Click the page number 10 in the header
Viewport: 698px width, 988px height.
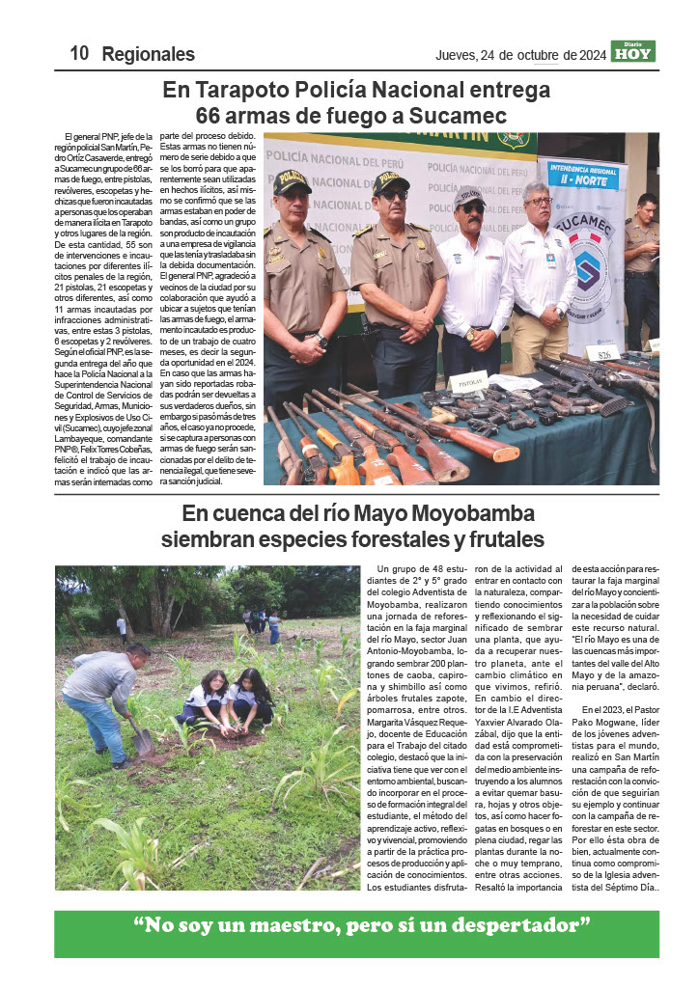tap(79, 54)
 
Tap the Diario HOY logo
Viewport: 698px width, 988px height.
tap(633, 52)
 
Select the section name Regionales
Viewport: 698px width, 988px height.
tap(149, 54)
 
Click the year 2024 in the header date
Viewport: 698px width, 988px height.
tap(586, 54)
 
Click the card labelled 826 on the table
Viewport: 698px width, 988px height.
tap(580, 355)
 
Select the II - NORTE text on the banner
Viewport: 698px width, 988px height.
tap(581, 180)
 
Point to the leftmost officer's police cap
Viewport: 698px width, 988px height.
tap(291, 180)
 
